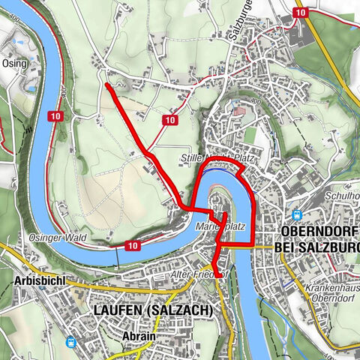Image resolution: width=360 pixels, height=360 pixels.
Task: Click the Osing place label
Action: click(x=14, y=64)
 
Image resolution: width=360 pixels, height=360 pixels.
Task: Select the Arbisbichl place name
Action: click(x=36, y=280)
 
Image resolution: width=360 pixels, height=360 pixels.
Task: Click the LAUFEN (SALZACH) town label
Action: click(x=152, y=310)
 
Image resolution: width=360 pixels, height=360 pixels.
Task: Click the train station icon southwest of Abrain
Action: click(x=71, y=342)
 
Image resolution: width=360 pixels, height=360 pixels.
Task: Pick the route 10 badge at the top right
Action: click(x=301, y=13)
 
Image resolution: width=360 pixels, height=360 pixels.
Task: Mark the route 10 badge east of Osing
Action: click(x=55, y=116)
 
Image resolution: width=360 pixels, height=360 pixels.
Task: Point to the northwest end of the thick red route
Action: click(x=106, y=85)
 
